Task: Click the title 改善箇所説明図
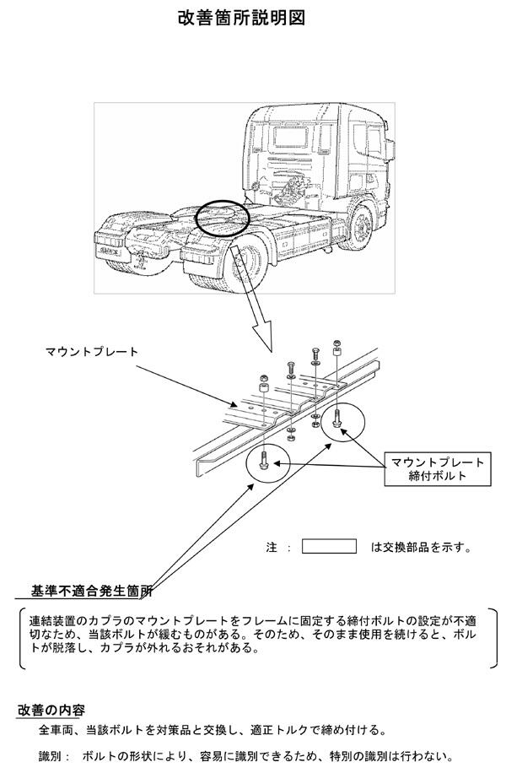pyautogui.click(x=241, y=18)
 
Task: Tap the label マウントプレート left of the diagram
pyautogui.click(x=92, y=352)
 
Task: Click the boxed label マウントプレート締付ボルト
pyautogui.click(x=438, y=469)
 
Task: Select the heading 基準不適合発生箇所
pyautogui.click(x=91, y=591)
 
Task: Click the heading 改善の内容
pyautogui.click(x=51, y=710)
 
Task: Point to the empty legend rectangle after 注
pyautogui.click(x=329, y=546)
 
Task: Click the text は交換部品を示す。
pyautogui.click(x=422, y=547)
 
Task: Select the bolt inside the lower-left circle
pyautogui.click(x=263, y=460)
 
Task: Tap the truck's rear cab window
pyautogui.click(x=291, y=137)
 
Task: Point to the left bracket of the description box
pyautogui.click(x=22, y=638)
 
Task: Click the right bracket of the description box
pyautogui.click(x=493, y=638)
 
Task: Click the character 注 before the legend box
pyautogui.click(x=272, y=547)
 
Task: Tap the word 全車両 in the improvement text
pyautogui.click(x=57, y=730)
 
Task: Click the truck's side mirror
pyautogui.click(x=390, y=149)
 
